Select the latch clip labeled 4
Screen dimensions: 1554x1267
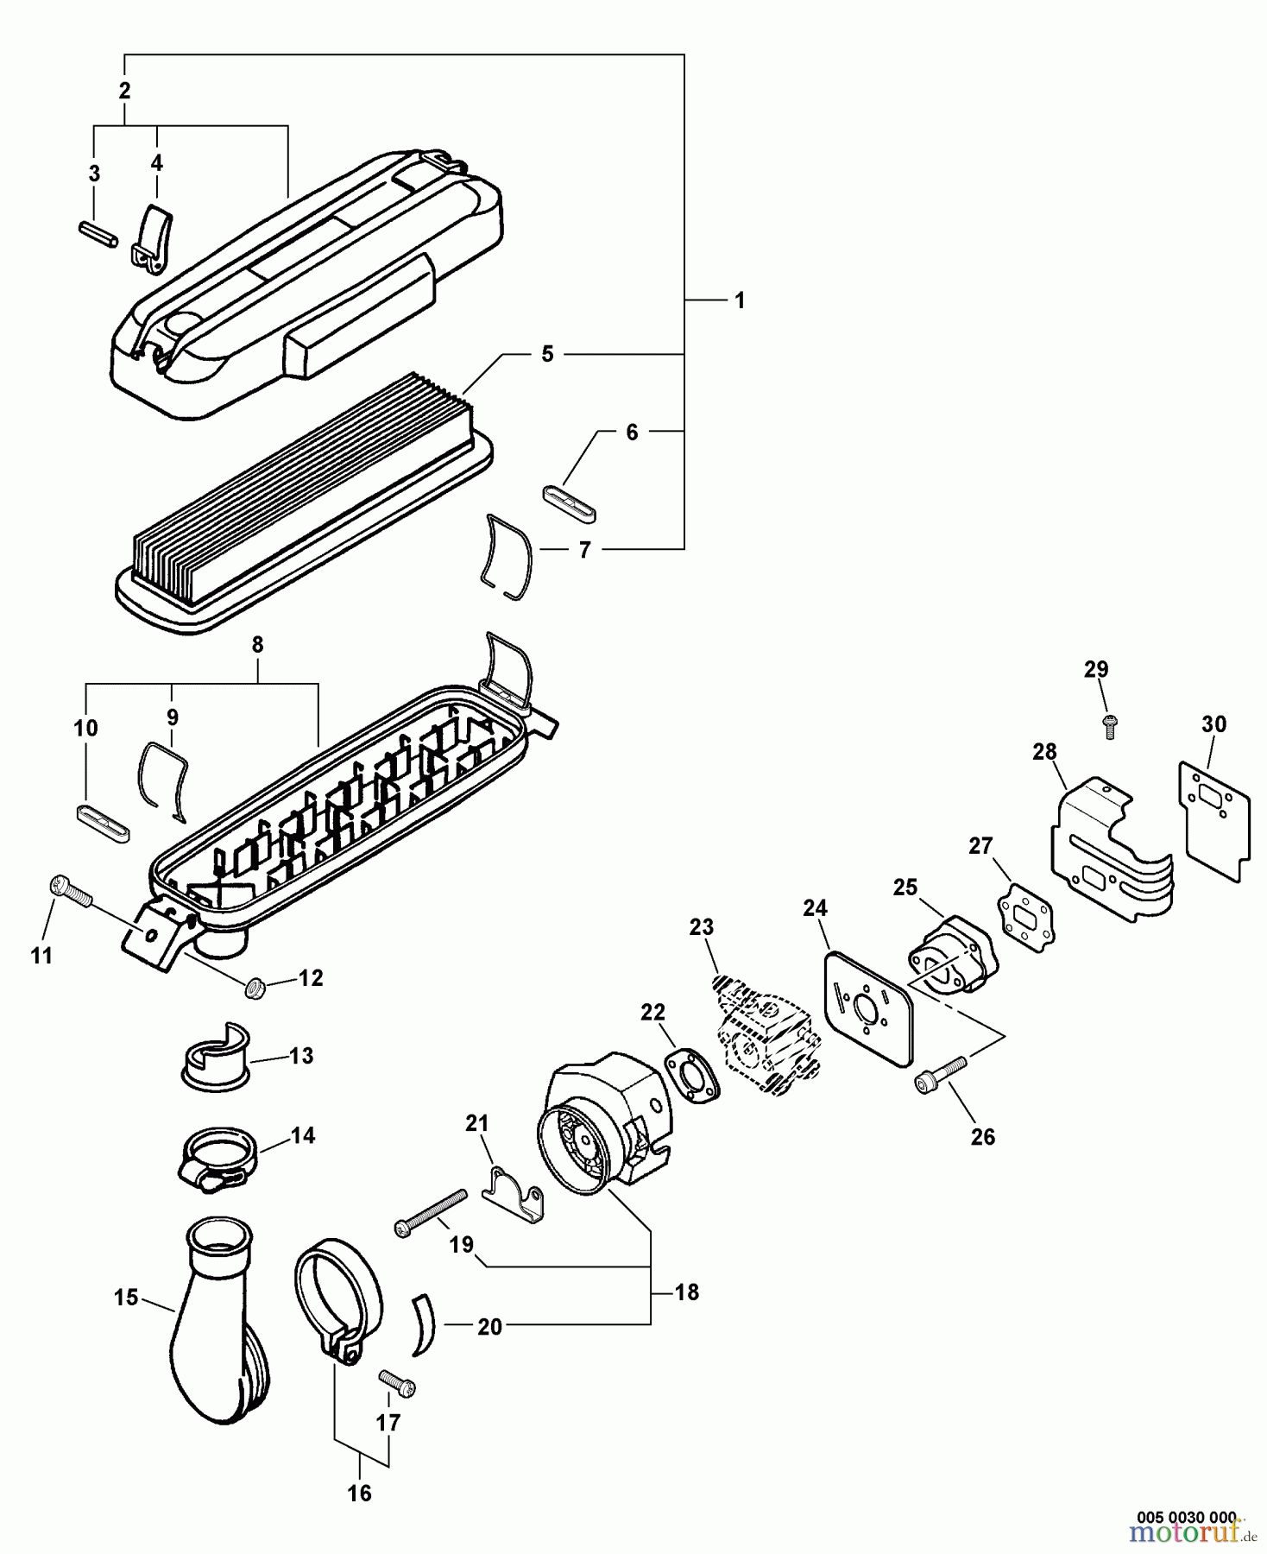click(154, 237)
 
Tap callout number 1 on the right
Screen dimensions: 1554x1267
click(739, 300)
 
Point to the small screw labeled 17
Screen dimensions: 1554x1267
click(397, 1383)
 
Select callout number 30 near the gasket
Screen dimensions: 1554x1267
click(1213, 724)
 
